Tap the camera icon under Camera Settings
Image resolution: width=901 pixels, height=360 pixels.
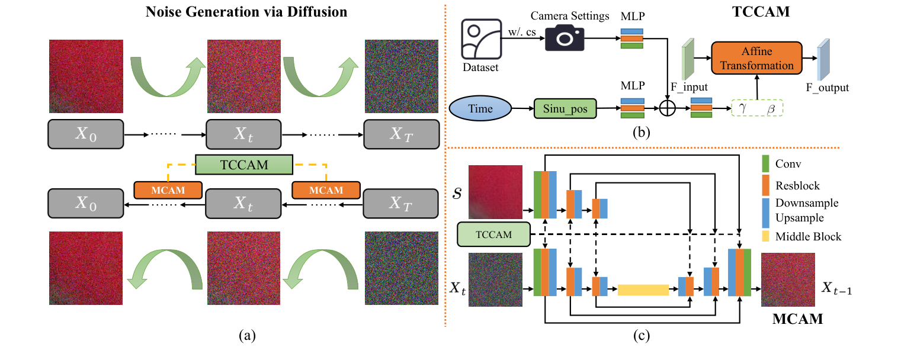564,38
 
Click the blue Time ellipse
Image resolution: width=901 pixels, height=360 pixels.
480,110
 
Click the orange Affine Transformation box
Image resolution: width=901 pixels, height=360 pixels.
756,58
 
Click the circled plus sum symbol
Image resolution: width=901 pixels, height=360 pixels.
667,110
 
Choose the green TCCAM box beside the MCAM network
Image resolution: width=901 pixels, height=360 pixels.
493,234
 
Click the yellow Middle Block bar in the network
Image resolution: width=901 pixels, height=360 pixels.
643,290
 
